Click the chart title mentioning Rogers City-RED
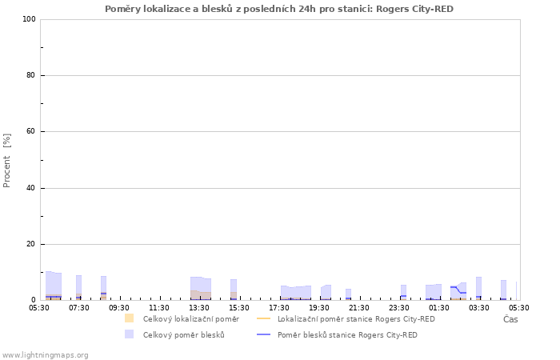pos(279,9)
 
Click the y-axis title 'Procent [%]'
pos(6,161)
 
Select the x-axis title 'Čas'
pos(510,319)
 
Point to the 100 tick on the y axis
pos(30,19)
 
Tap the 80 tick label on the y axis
pos(31,75)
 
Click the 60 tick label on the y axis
pos(31,131)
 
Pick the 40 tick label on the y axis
pos(31,188)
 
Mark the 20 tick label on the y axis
pos(31,244)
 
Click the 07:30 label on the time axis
pos(79,308)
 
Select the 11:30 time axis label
pos(159,308)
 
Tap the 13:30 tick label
pos(199,308)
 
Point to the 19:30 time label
pos(319,308)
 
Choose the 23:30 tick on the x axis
pos(399,308)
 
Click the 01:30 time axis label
pos(439,308)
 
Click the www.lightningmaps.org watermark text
pos(45,355)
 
